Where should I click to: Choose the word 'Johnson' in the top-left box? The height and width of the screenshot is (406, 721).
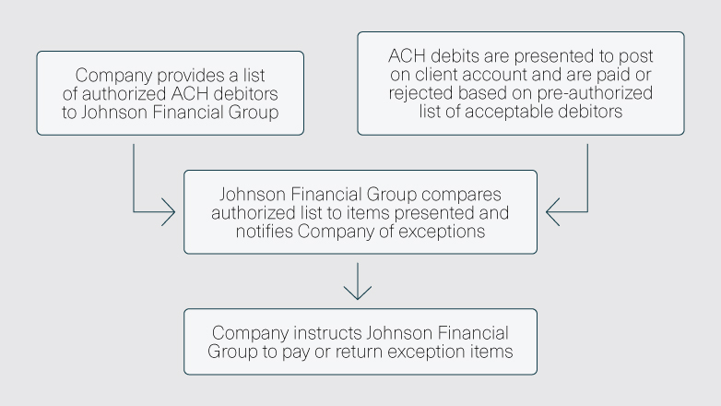[x=112, y=113]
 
